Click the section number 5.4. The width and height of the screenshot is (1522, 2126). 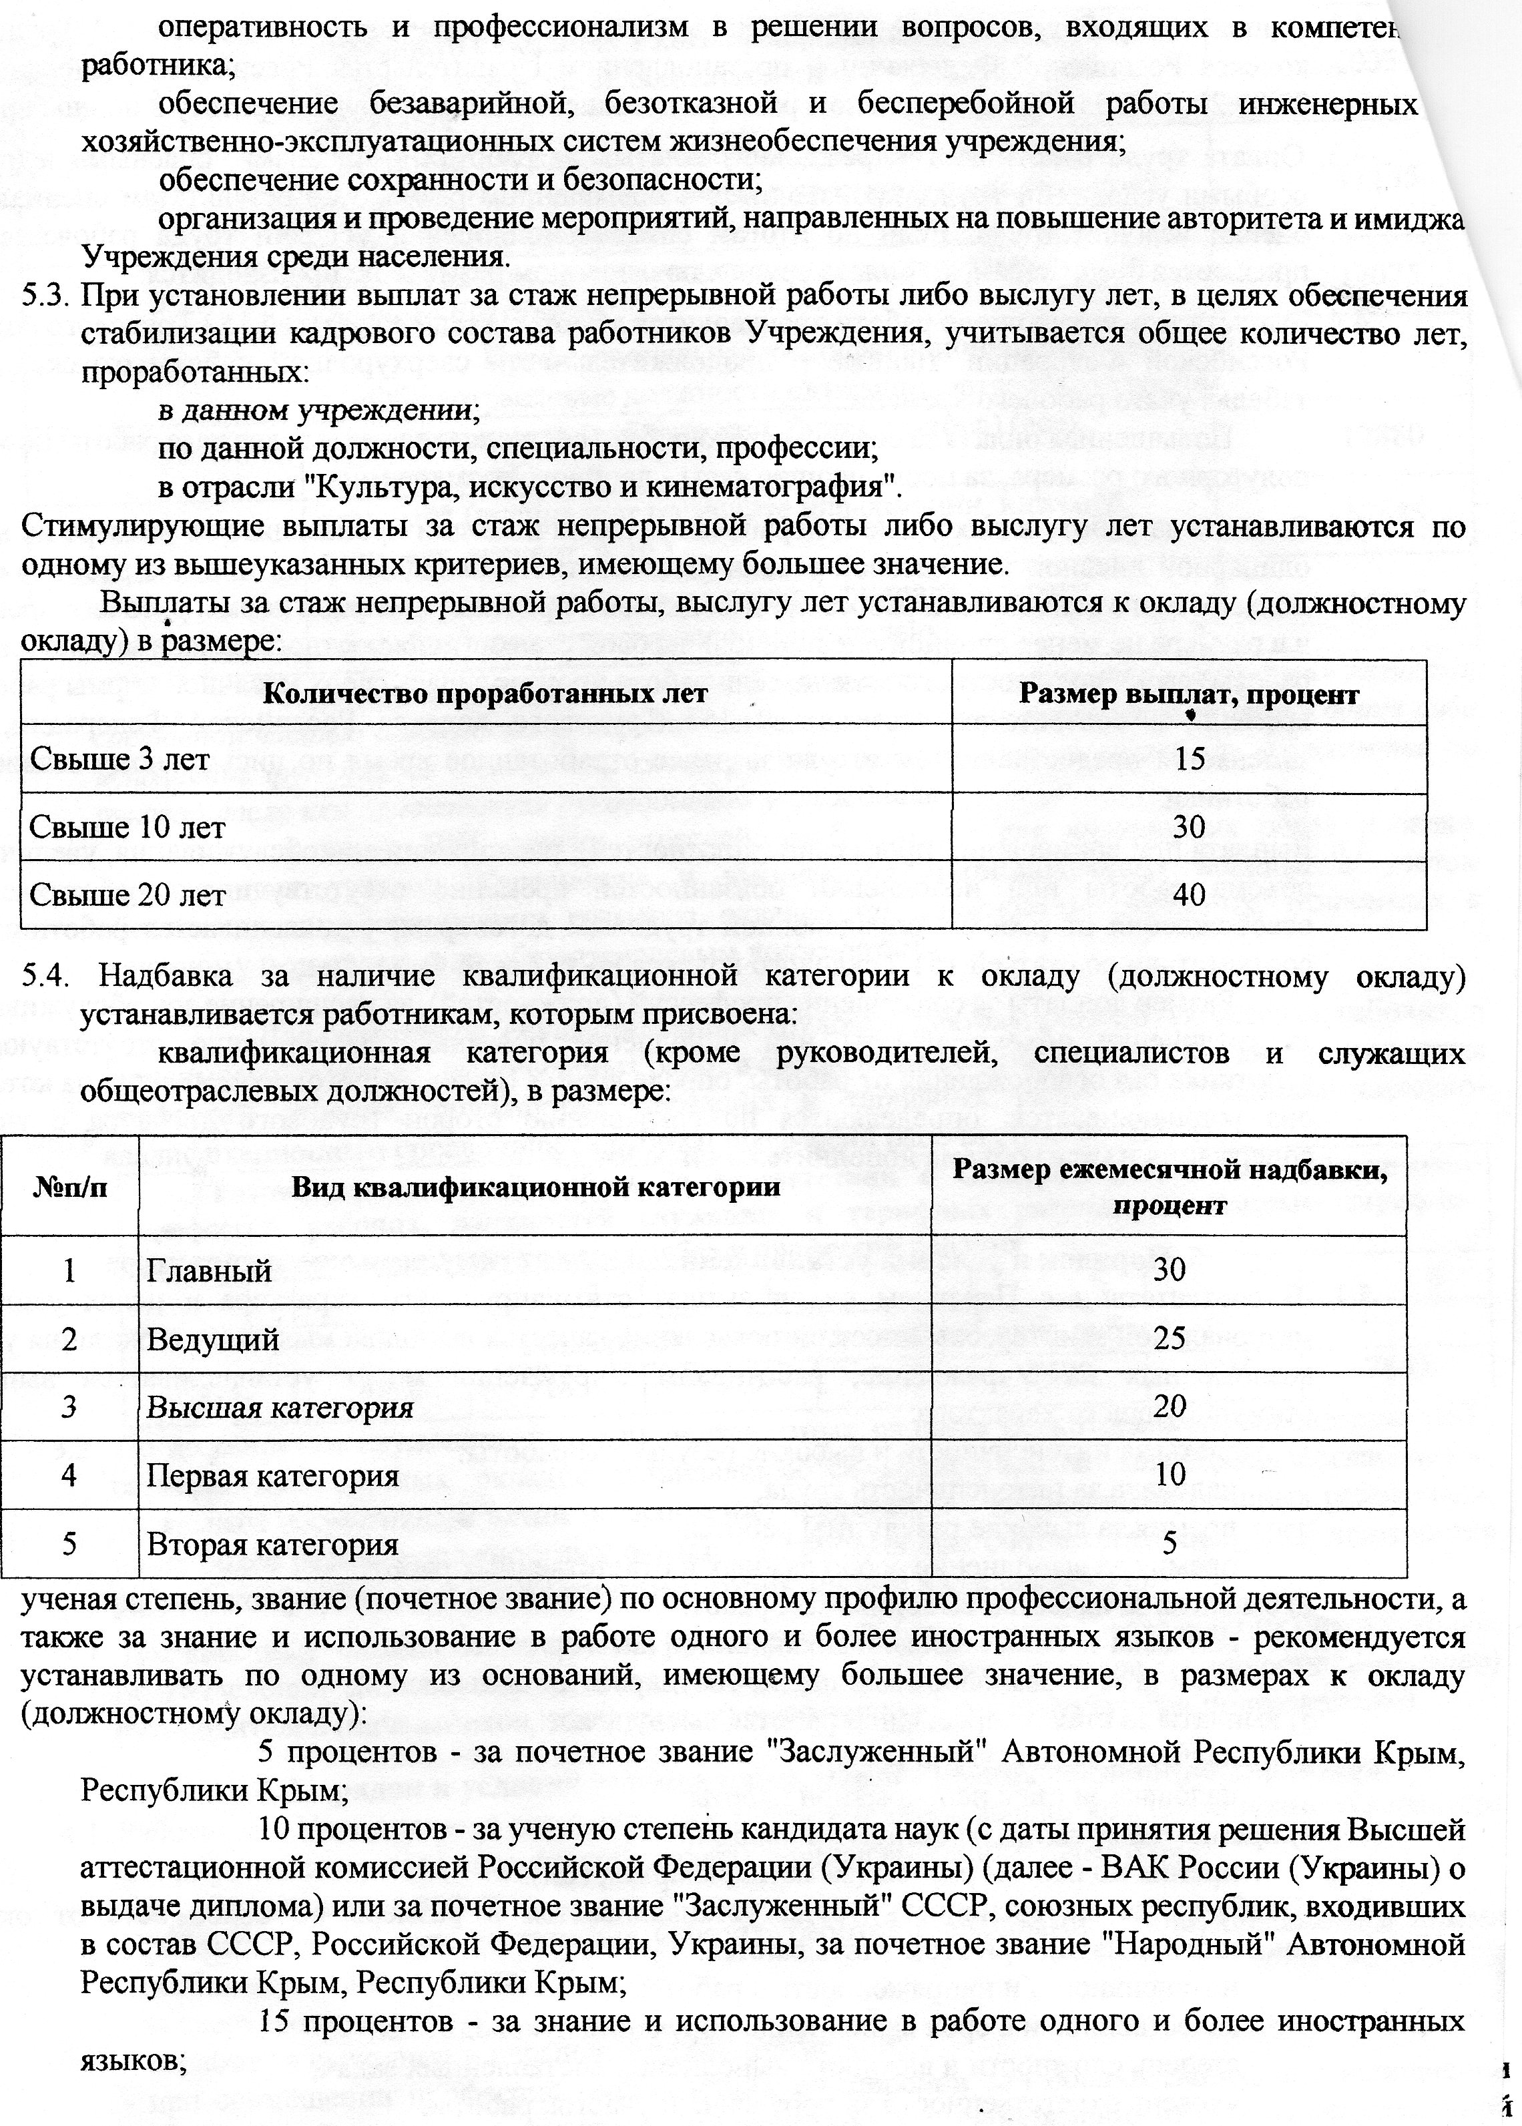pyautogui.click(x=47, y=975)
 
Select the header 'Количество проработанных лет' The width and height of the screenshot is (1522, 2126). pyautogui.click(x=485, y=694)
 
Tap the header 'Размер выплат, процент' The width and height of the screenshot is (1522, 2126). pyautogui.click(x=1188, y=694)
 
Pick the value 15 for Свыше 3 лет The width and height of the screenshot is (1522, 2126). pyautogui.click(x=1190, y=758)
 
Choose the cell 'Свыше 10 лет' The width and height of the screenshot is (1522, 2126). pyautogui.click(x=128, y=827)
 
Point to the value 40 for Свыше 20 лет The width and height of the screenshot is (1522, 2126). pyautogui.click(x=1190, y=895)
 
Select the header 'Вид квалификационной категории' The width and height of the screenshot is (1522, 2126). pyautogui.click(x=535, y=1187)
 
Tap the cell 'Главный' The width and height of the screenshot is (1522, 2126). pyautogui.click(x=209, y=1270)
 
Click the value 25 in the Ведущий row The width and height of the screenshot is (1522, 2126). pyautogui.click(x=1170, y=1338)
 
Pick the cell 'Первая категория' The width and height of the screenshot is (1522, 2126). pyautogui.click(x=273, y=1476)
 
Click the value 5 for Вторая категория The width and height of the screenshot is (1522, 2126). pyautogui.click(x=1170, y=1543)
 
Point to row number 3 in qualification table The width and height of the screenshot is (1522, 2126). pyautogui.click(x=69, y=1407)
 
